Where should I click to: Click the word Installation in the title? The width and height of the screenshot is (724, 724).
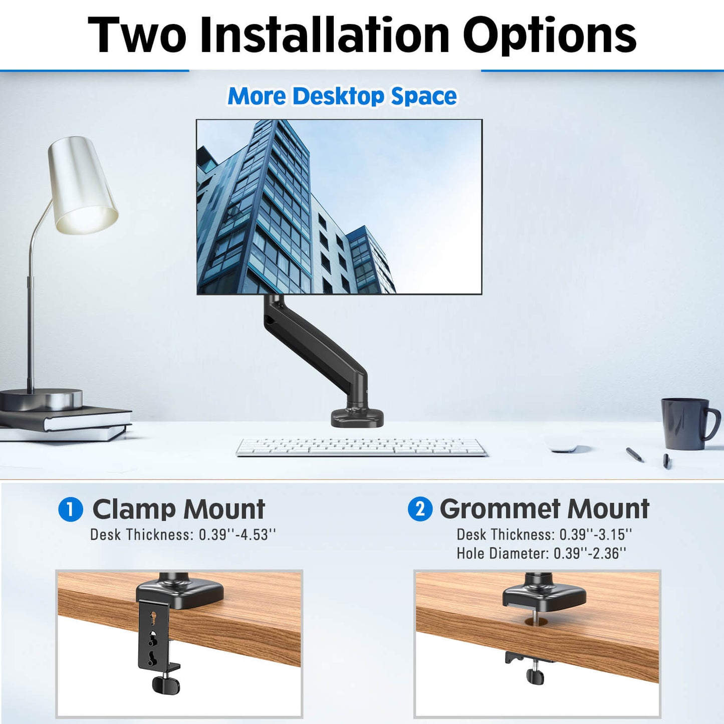325,35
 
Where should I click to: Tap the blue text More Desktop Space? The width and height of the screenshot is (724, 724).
342,96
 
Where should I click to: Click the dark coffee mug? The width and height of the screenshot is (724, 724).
686,423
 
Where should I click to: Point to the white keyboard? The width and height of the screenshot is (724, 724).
361,446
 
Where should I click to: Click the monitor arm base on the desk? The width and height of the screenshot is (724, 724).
357,417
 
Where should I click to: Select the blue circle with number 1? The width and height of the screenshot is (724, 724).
71,510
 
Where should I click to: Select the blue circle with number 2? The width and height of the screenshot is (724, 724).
420,509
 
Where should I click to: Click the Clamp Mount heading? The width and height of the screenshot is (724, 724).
179,510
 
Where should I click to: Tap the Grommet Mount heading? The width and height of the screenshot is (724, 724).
545,509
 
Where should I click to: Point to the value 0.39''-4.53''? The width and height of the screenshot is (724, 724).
237,535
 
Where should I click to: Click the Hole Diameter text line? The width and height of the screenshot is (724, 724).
541,554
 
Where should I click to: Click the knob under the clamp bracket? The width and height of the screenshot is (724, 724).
165,684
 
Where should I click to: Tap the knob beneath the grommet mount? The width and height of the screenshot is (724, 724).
536,675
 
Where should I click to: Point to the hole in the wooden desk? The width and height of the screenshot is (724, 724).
536,622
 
